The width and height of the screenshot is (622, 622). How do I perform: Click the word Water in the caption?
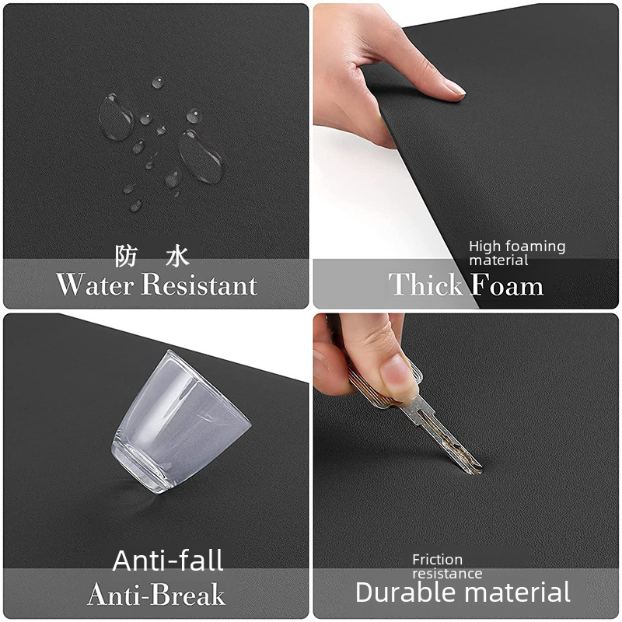point(94,284)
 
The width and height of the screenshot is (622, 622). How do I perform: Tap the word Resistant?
point(200,284)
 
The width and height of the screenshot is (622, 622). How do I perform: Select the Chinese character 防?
point(126,256)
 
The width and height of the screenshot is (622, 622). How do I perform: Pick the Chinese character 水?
point(177,256)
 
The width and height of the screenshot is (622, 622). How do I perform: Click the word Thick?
point(425,284)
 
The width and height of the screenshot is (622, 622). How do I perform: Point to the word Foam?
point(507,284)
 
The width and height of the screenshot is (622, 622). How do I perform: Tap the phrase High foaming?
point(517,246)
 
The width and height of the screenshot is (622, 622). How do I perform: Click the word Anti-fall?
point(168,560)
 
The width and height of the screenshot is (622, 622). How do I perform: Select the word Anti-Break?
point(156,594)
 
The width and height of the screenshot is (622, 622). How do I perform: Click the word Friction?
point(437,559)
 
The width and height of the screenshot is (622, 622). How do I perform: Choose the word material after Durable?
point(518,592)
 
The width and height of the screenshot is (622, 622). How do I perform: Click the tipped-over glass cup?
point(180,422)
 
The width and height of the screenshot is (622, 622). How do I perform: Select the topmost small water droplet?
point(158,82)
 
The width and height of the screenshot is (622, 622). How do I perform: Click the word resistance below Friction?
point(447,574)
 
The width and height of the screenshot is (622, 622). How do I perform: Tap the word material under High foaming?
point(498,260)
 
